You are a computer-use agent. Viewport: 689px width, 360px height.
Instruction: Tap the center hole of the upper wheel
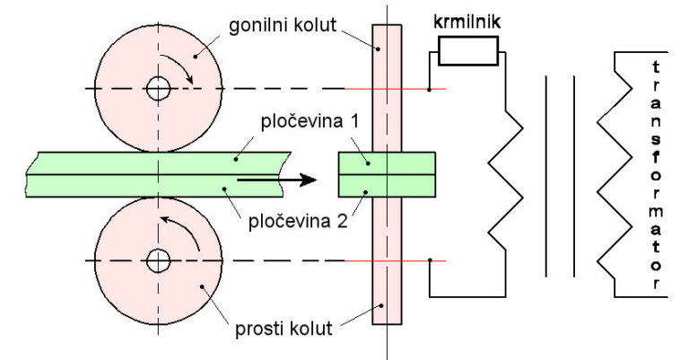(x=159, y=89)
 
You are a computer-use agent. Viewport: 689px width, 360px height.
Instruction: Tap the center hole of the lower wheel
(x=159, y=261)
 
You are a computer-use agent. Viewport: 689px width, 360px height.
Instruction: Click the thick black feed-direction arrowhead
(x=307, y=180)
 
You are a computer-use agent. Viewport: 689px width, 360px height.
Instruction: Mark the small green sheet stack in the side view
(x=387, y=173)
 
